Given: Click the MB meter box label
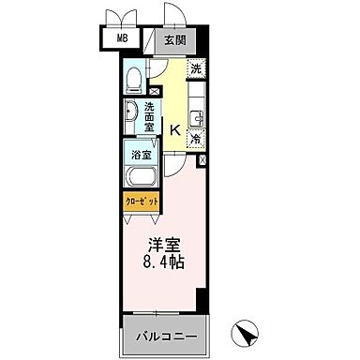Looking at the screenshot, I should coord(122,38).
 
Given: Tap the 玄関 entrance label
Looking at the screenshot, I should coord(175,39).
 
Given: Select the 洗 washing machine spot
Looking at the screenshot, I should coord(195,69).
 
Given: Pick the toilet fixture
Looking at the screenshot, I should coord(137,76).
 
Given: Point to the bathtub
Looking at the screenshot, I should coord(141,174).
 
